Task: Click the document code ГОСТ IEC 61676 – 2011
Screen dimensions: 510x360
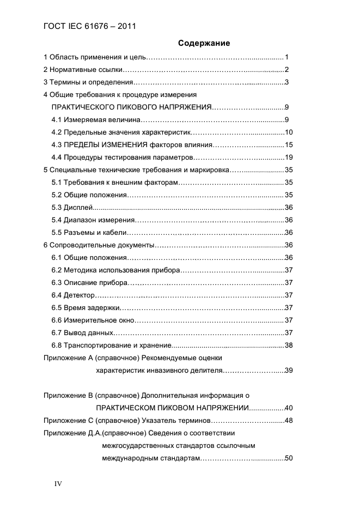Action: tap(89, 26)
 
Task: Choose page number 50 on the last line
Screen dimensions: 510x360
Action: tap(289, 458)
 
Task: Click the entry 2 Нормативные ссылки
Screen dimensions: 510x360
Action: tap(82, 69)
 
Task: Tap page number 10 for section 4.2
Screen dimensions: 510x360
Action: tap(289, 132)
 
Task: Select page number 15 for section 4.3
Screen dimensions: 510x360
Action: tap(289, 145)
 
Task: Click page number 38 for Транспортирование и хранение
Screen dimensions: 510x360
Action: tap(289, 345)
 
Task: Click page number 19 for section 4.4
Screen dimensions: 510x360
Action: tap(289, 157)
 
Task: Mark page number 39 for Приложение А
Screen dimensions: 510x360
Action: tap(289, 371)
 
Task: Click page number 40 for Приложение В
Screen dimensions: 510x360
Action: tap(289, 408)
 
